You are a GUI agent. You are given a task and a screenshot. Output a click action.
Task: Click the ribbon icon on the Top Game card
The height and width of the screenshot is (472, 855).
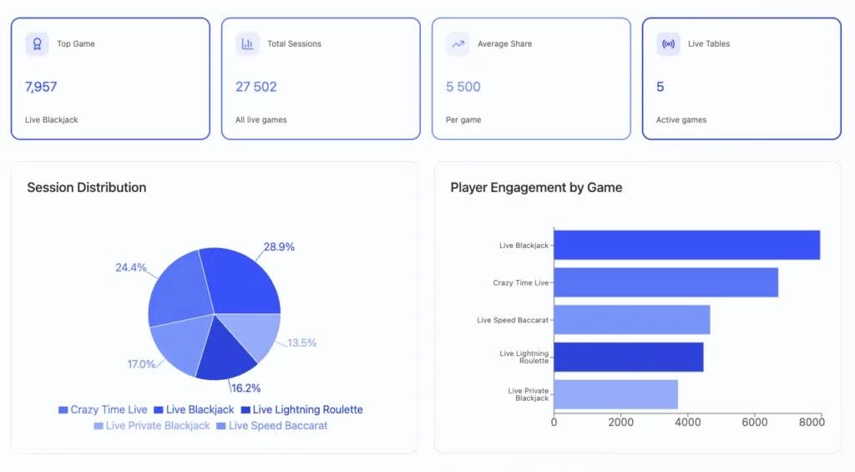coord(37,44)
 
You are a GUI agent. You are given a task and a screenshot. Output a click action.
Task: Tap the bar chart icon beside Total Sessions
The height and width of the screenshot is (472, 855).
coord(247,44)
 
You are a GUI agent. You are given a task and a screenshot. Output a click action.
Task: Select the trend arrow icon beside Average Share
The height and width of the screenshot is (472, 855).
coord(458,44)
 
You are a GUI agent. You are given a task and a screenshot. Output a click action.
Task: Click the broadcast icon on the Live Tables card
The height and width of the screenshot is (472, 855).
coord(668,44)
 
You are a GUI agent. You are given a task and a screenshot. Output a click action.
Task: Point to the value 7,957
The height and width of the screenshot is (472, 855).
coord(41,87)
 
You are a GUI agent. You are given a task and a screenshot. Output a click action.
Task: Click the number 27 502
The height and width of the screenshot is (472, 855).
coord(256,87)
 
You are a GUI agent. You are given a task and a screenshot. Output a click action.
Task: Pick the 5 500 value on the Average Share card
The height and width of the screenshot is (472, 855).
coord(463,87)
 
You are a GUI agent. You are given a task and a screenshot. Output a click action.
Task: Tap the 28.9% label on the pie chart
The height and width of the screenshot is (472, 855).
coord(279,247)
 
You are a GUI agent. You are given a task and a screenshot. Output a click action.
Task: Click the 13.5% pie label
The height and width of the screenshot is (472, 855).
coord(301,343)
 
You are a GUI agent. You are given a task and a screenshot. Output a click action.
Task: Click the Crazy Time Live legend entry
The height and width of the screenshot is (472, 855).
coord(103,409)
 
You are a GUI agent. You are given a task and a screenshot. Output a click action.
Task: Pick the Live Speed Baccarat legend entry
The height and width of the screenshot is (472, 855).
coord(271,425)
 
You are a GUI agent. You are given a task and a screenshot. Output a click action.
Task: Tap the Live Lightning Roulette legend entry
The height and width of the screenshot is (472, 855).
coord(301,409)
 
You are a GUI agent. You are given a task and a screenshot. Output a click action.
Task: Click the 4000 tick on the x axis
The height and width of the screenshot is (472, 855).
coord(687,422)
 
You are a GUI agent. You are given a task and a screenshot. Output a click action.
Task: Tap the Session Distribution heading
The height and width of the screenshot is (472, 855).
coord(87,187)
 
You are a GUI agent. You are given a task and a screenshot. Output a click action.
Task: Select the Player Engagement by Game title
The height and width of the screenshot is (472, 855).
coord(536,187)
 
